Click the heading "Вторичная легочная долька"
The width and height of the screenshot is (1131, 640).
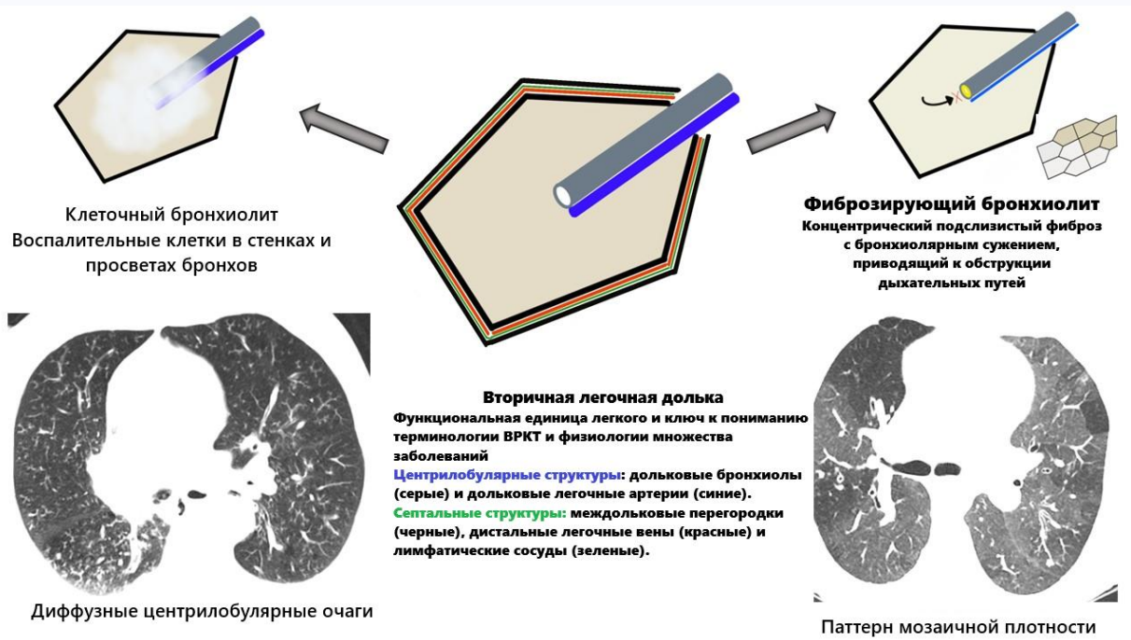[602, 397]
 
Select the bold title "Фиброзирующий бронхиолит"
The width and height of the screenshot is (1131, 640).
[951, 203]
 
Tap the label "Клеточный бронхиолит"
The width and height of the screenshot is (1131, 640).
[172, 214]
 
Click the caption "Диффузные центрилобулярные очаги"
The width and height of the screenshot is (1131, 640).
[202, 612]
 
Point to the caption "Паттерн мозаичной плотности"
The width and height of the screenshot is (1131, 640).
[957, 626]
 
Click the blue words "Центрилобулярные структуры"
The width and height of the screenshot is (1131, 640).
[473, 475]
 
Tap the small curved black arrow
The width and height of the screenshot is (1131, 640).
[933, 95]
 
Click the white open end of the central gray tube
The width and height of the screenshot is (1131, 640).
[563, 194]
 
